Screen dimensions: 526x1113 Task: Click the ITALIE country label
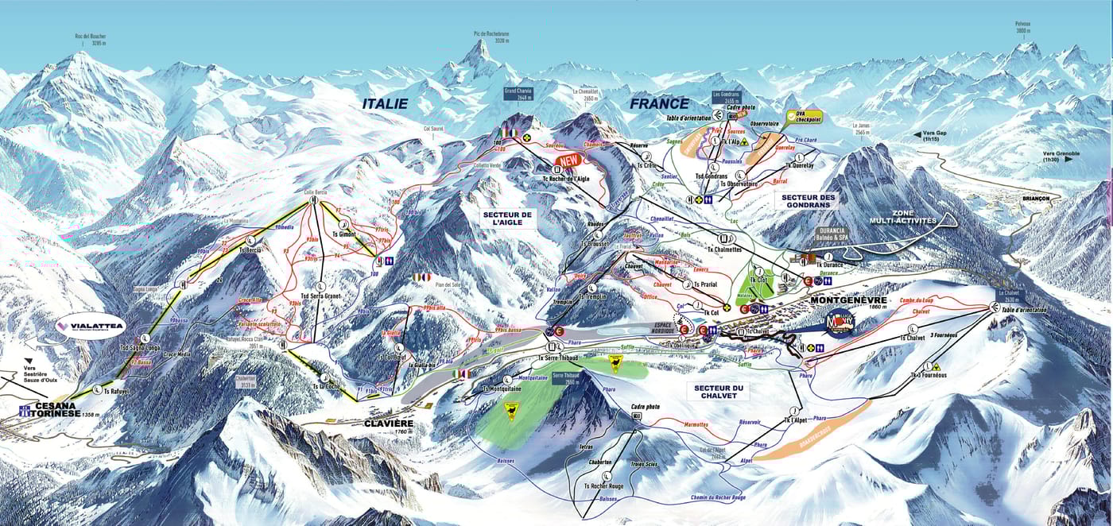pyautogui.click(x=385, y=103)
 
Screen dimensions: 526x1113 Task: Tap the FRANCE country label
pyautogui.click(x=660, y=103)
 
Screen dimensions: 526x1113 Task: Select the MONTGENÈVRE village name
pyautogui.click(x=847, y=301)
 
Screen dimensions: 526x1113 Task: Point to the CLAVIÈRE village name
pyautogui.click(x=390, y=424)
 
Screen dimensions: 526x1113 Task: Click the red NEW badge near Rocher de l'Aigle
pyautogui.click(x=568, y=161)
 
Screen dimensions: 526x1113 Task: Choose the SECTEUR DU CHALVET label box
pyautogui.click(x=717, y=391)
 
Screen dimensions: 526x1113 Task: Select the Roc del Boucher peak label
pyautogui.click(x=91, y=39)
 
